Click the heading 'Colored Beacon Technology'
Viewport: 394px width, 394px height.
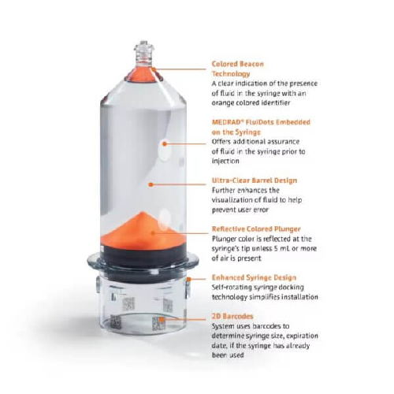point(238,69)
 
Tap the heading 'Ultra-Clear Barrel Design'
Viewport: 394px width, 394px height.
point(255,180)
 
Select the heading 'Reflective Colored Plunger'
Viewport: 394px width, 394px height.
point(256,229)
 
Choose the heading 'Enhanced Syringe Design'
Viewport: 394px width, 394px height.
point(254,277)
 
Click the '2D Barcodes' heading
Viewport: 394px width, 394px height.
point(232,316)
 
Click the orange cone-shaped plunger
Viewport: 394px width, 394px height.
point(143,230)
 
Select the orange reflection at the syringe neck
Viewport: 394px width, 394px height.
point(143,75)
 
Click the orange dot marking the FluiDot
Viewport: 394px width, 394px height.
point(165,144)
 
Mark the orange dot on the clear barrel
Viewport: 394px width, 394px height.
point(151,184)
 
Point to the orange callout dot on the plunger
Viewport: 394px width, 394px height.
point(153,233)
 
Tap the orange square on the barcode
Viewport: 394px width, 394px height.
point(162,319)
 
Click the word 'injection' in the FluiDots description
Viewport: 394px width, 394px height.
point(225,161)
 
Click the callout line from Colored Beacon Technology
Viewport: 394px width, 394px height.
point(180,69)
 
